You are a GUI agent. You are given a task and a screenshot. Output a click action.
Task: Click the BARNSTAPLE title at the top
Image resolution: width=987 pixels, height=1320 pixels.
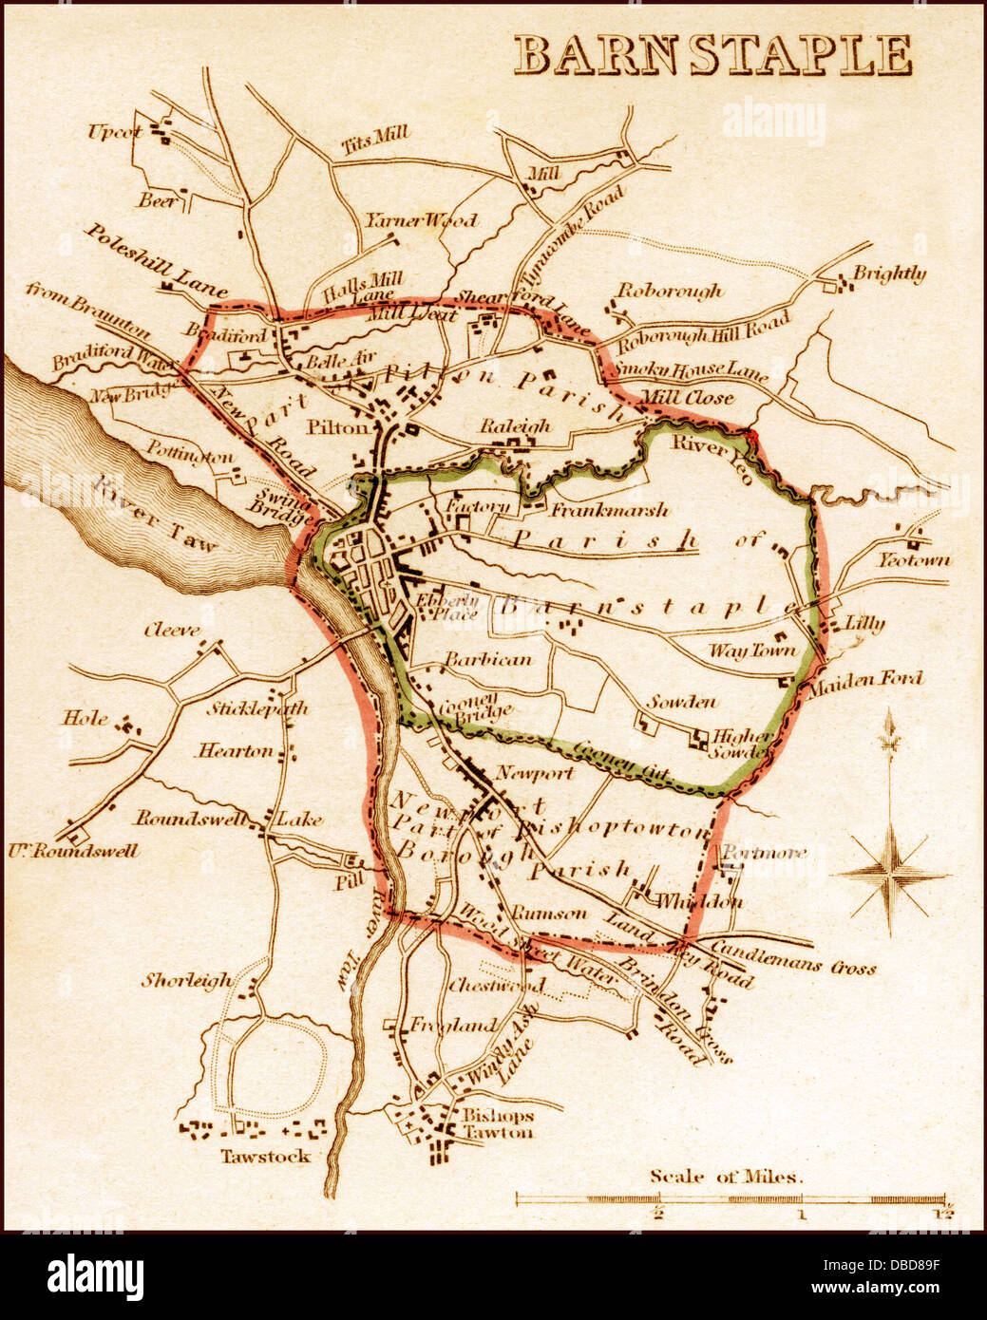(x=712, y=56)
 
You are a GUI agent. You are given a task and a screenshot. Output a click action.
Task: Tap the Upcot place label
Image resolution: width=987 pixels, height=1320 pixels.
(x=115, y=132)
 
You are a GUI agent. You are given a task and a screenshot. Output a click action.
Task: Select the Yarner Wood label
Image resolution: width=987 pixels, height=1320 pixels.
(x=421, y=220)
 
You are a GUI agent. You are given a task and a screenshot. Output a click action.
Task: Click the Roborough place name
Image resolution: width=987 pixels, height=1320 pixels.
(x=670, y=291)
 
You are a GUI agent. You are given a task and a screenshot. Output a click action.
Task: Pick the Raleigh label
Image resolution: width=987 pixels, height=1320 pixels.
(x=515, y=426)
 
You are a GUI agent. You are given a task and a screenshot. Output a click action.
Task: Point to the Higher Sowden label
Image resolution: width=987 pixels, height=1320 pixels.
(x=742, y=743)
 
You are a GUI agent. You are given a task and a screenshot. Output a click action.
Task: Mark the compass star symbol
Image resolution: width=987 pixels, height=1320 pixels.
(x=890, y=874)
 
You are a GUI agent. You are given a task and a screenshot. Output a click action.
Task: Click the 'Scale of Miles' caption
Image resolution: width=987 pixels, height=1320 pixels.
(x=727, y=1177)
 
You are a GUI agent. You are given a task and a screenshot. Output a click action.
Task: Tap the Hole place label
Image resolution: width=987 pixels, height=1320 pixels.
(x=85, y=719)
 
